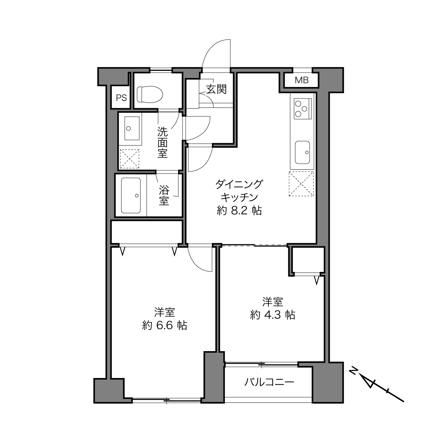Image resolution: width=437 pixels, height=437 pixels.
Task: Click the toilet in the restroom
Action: pyautogui.click(x=150, y=94)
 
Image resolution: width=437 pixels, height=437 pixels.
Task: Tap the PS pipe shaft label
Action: pyautogui.click(x=121, y=98)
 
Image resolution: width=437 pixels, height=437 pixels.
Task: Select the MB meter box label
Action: pyautogui.click(x=302, y=80)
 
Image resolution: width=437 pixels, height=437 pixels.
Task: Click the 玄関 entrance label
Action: pyautogui.click(x=216, y=89)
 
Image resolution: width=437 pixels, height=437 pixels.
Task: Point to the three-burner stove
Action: pyautogui.click(x=303, y=109)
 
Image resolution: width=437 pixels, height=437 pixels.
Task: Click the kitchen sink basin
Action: pyautogui.click(x=302, y=152)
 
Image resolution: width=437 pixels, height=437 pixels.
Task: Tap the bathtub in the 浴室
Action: pyautogui.click(x=131, y=195)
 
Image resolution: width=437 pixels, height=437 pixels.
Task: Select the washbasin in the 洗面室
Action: pyautogui.click(x=132, y=128)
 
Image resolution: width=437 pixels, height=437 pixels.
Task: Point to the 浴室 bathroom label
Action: pyautogui.click(x=164, y=195)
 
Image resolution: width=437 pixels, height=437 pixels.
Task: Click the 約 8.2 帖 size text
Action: pyautogui.click(x=239, y=211)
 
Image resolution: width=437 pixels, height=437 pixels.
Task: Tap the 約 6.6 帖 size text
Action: pyautogui.click(x=165, y=326)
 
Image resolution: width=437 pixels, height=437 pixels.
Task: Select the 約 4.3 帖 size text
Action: pyautogui.click(x=273, y=315)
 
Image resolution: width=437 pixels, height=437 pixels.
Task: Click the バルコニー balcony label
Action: pyautogui.click(x=269, y=382)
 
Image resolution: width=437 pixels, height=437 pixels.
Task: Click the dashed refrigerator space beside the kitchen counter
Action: pyautogui.click(x=301, y=184)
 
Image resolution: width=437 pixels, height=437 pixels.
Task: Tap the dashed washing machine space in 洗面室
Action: pyautogui.click(x=129, y=159)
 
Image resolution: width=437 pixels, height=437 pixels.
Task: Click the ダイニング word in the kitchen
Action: pyautogui.click(x=239, y=184)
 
